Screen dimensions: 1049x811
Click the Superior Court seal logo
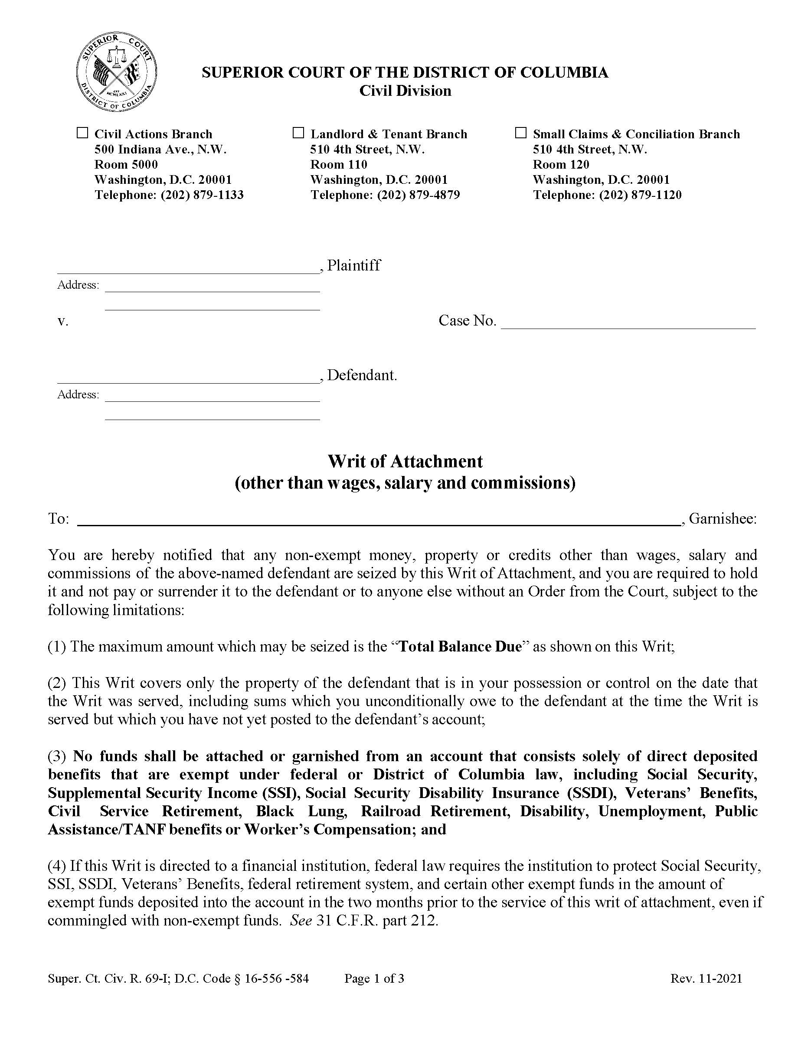click(x=117, y=72)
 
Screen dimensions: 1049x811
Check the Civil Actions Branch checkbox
click(x=83, y=133)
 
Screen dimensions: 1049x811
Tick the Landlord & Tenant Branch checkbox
click(x=298, y=133)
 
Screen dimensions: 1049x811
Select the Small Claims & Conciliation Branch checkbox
click(x=521, y=133)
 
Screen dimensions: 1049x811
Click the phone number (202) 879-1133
click(x=202, y=195)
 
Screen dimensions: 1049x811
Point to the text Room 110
click(x=339, y=165)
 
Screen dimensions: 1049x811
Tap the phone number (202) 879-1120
click(x=641, y=195)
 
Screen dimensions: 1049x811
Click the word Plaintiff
click(x=353, y=266)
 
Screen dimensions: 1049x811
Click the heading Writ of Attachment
click(x=405, y=462)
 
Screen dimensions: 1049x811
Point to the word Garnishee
click(x=722, y=519)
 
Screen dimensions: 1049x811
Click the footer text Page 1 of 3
click(x=374, y=978)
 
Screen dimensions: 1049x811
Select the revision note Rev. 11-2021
click(x=706, y=978)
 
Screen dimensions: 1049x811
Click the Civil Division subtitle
click(x=405, y=91)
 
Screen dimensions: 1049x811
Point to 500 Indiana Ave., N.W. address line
click(x=160, y=150)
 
